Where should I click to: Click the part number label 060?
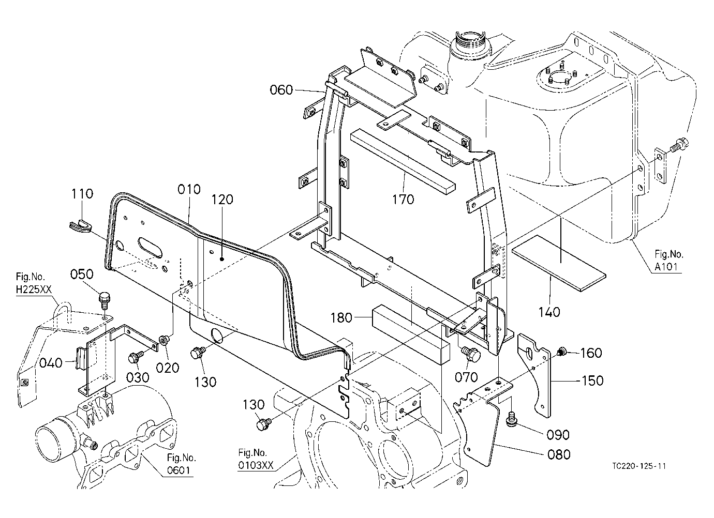click(281, 90)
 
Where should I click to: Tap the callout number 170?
click(403, 200)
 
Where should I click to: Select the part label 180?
click(341, 317)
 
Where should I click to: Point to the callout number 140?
click(549, 312)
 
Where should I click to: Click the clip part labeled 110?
click(81, 226)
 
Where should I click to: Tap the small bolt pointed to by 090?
click(511, 419)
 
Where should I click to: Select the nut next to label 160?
click(562, 352)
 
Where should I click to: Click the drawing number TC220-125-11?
click(639, 466)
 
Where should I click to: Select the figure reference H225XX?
click(34, 290)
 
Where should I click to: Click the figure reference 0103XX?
click(256, 465)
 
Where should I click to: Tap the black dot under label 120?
click(222, 260)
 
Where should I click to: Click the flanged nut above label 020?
click(165, 340)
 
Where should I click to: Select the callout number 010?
click(189, 189)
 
